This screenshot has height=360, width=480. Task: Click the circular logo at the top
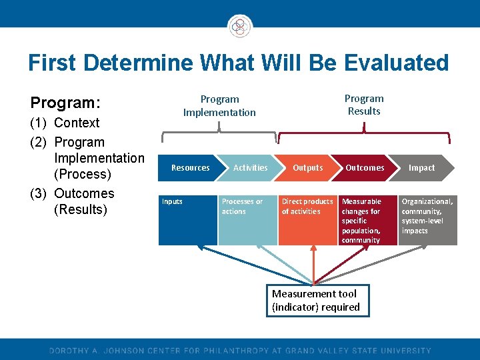(239, 27)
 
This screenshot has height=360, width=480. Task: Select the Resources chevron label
(190, 168)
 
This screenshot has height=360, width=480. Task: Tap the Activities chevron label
(250, 168)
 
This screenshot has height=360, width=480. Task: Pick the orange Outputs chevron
(307, 168)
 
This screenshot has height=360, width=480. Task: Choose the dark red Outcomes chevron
(365, 168)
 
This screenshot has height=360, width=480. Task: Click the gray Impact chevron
(421, 168)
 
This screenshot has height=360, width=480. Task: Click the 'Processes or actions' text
(242, 207)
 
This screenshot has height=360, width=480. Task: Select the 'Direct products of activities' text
(307, 207)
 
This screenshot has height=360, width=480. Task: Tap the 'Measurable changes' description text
(361, 221)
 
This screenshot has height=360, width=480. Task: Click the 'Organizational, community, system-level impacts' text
(427, 216)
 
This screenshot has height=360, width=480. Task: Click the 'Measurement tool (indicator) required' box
(316, 301)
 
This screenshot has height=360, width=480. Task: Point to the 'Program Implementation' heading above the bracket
(219, 106)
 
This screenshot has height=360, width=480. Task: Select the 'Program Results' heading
(364, 105)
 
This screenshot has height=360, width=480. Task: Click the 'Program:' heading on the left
(65, 103)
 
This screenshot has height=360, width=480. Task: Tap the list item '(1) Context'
(65, 123)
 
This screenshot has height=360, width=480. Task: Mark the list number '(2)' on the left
(40, 142)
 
